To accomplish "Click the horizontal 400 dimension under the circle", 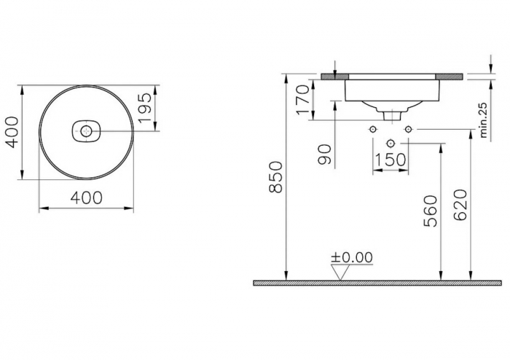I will point(86,197).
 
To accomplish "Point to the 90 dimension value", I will point(326,154).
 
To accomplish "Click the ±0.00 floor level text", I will point(351,257).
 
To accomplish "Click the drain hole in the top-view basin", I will point(86,131).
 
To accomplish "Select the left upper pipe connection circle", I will point(372,130).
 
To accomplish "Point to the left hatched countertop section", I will point(333,76).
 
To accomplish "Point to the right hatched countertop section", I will point(450,76).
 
